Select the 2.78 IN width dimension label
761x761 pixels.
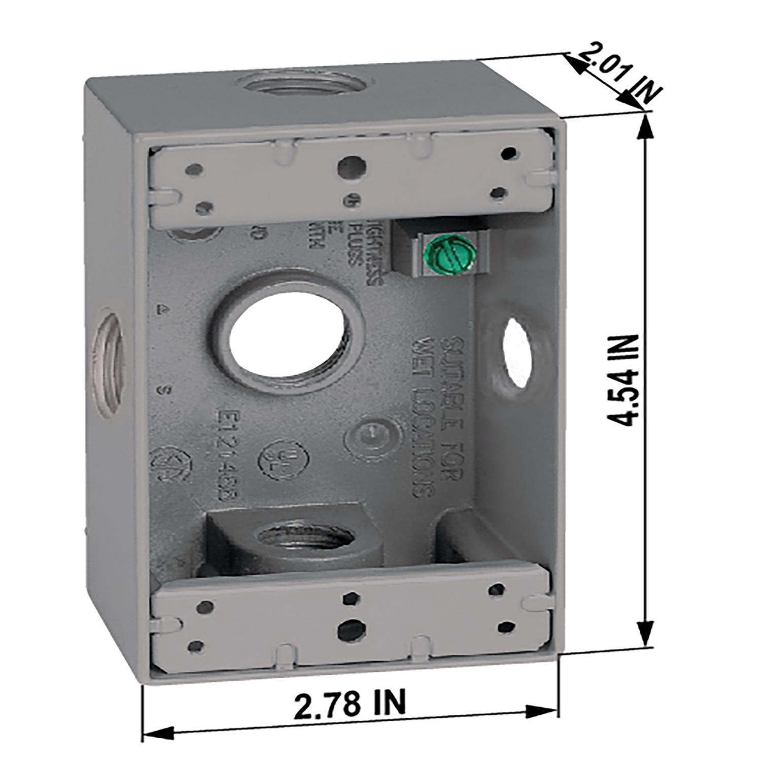tap(350, 703)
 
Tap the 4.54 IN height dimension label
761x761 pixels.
tap(623, 380)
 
